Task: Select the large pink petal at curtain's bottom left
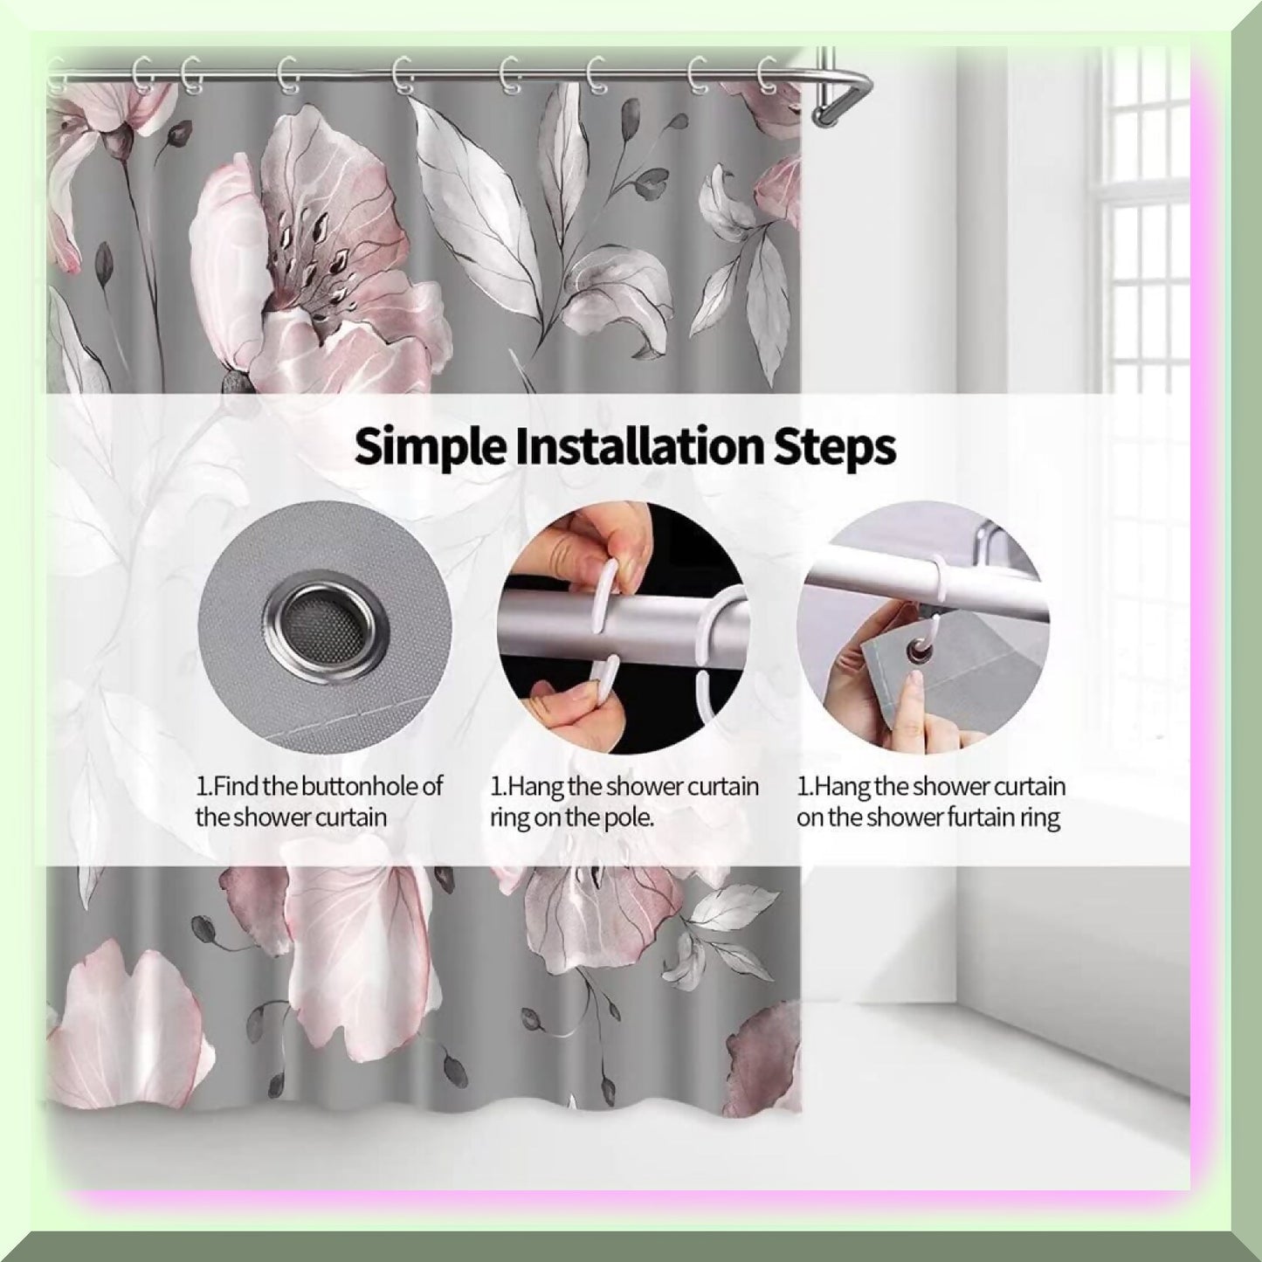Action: (x=131, y=1022)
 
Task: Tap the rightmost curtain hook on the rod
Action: (x=767, y=75)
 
